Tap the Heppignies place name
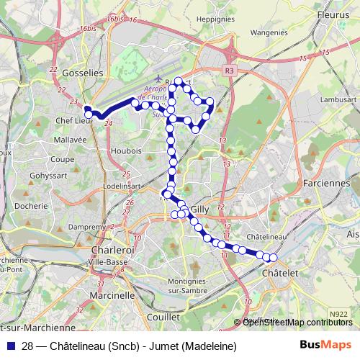tap(215, 19)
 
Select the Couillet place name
tap(163, 317)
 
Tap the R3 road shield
tap(230, 71)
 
